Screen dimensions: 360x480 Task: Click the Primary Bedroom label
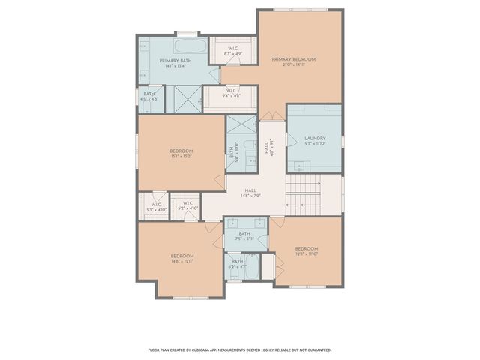coord(293,59)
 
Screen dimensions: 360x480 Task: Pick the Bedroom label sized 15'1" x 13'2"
coord(181,154)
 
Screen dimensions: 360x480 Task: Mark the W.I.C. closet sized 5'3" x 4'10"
coord(157,207)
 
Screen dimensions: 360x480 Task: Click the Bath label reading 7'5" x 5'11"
coord(244,236)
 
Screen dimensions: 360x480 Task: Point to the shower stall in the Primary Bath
coord(183,97)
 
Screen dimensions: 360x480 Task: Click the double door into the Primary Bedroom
coord(268,115)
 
